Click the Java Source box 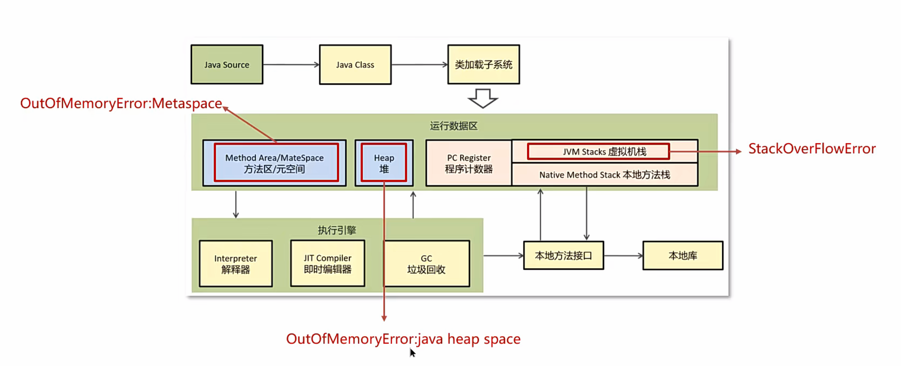227,65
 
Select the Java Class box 355,65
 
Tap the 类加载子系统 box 484,65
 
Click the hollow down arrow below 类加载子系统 483,98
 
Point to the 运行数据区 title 454,126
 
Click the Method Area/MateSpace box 274,163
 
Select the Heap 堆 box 384,163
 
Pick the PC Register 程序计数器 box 469,163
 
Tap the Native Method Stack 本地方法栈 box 604,175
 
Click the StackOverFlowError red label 812,149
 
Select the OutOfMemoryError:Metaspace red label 121,103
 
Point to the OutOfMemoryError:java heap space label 403,339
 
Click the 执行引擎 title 337,230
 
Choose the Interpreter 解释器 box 236,263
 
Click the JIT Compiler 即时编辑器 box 328,263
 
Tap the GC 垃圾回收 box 426,263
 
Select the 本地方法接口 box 563,256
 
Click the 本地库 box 683,256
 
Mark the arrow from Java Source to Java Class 291,65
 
